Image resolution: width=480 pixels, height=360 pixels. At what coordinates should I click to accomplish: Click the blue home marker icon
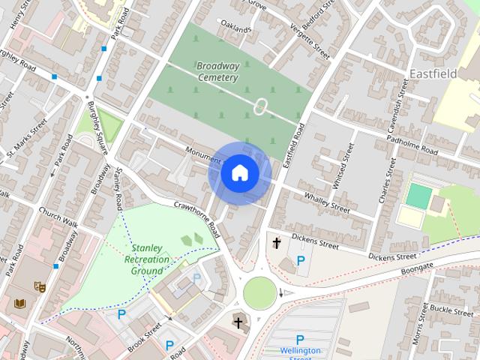(x=239, y=173)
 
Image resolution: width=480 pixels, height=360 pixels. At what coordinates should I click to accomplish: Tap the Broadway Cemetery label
(x=218, y=71)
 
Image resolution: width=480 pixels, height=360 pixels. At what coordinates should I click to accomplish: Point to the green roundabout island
(x=259, y=292)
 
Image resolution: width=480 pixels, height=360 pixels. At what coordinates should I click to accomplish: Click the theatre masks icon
(x=40, y=286)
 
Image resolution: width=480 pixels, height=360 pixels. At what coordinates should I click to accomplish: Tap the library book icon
(x=20, y=304)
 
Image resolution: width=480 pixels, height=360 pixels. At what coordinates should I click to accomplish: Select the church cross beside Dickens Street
(x=277, y=243)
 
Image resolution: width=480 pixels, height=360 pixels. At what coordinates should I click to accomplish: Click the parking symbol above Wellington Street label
(x=300, y=339)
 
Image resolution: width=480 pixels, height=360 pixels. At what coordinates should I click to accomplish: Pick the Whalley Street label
(x=327, y=202)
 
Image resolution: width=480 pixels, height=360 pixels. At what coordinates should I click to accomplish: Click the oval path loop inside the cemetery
(x=261, y=107)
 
